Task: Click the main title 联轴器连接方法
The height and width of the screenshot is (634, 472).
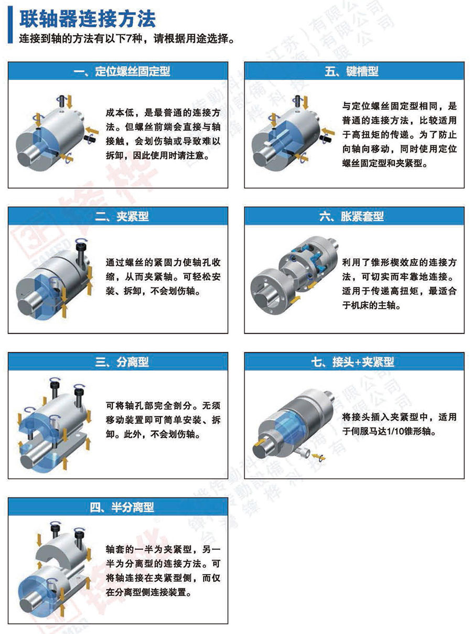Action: point(88,19)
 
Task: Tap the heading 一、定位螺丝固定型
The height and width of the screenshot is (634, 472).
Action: point(122,71)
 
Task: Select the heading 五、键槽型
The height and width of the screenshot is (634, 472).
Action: point(351,71)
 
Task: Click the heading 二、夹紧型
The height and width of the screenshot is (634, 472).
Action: point(122,217)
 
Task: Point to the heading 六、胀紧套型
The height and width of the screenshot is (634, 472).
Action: point(351,217)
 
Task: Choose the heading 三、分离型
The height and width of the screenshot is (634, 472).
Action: point(122,362)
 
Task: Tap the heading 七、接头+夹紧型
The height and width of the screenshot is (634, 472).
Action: point(352,362)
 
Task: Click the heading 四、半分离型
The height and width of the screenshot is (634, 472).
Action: point(122,507)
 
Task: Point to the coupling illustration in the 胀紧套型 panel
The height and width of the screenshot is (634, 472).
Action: point(294,274)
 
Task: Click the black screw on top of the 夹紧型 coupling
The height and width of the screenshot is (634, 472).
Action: point(81,252)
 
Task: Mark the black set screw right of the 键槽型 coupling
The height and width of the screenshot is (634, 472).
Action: point(326,138)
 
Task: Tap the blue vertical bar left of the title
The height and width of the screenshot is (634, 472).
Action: point(10,25)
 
